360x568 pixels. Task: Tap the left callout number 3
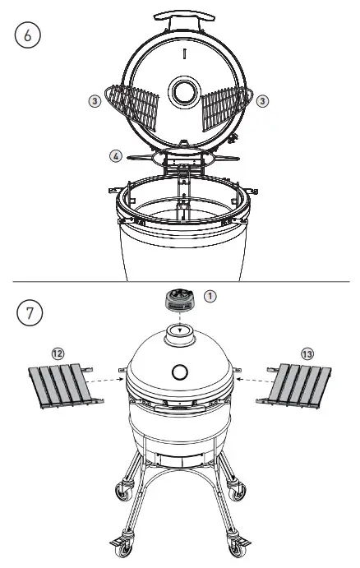[x=95, y=100]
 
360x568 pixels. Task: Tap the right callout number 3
[x=261, y=100]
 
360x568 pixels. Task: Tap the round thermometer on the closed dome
[x=180, y=372]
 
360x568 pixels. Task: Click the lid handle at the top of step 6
[x=180, y=19]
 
